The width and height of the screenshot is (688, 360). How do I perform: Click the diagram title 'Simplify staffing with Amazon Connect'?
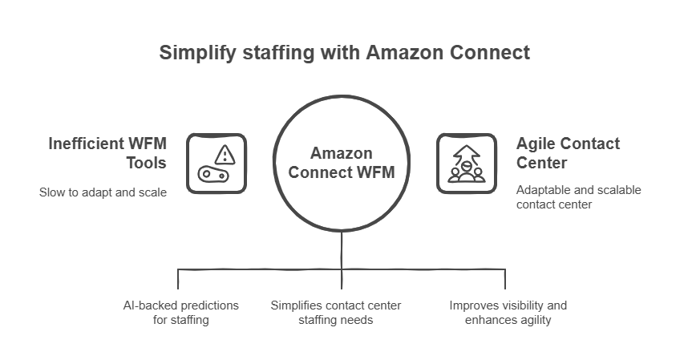click(x=345, y=53)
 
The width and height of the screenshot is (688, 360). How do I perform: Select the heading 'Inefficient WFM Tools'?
click(x=107, y=153)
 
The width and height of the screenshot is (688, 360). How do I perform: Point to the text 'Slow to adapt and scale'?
click(x=103, y=192)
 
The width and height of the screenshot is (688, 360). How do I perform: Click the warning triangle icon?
click(x=225, y=155)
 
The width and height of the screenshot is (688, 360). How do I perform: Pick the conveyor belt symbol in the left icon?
click(x=213, y=175)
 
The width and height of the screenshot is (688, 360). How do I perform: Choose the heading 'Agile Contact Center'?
click(x=568, y=153)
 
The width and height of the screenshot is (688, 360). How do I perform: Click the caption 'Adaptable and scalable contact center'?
click(x=578, y=197)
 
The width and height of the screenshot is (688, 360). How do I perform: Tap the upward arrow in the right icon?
click(x=467, y=155)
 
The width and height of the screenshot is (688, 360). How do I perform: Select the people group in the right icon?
click(x=467, y=172)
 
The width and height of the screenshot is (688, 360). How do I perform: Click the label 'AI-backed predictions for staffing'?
click(x=180, y=313)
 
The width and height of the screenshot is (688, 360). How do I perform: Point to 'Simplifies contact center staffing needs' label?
click(x=336, y=313)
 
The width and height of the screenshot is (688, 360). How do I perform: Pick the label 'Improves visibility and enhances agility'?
click(x=508, y=313)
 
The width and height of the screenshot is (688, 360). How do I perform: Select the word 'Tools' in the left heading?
click(x=146, y=163)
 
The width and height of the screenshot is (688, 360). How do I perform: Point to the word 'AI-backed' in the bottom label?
click(x=150, y=305)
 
